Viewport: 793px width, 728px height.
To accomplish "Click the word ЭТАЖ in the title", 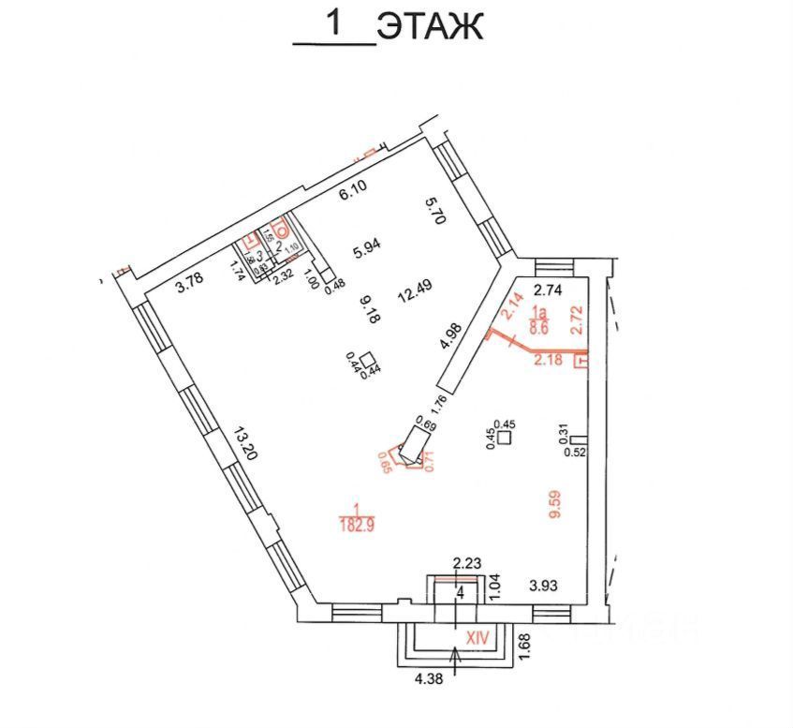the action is [x=430, y=26].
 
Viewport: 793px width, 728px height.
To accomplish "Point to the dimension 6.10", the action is [x=353, y=193].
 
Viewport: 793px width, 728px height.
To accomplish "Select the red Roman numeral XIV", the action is [x=478, y=636].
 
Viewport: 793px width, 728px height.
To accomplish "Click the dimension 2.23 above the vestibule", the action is [x=466, y=563].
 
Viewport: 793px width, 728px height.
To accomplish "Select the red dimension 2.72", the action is [x=577, y=319].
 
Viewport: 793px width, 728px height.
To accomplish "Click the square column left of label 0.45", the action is [x=506, y=437].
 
